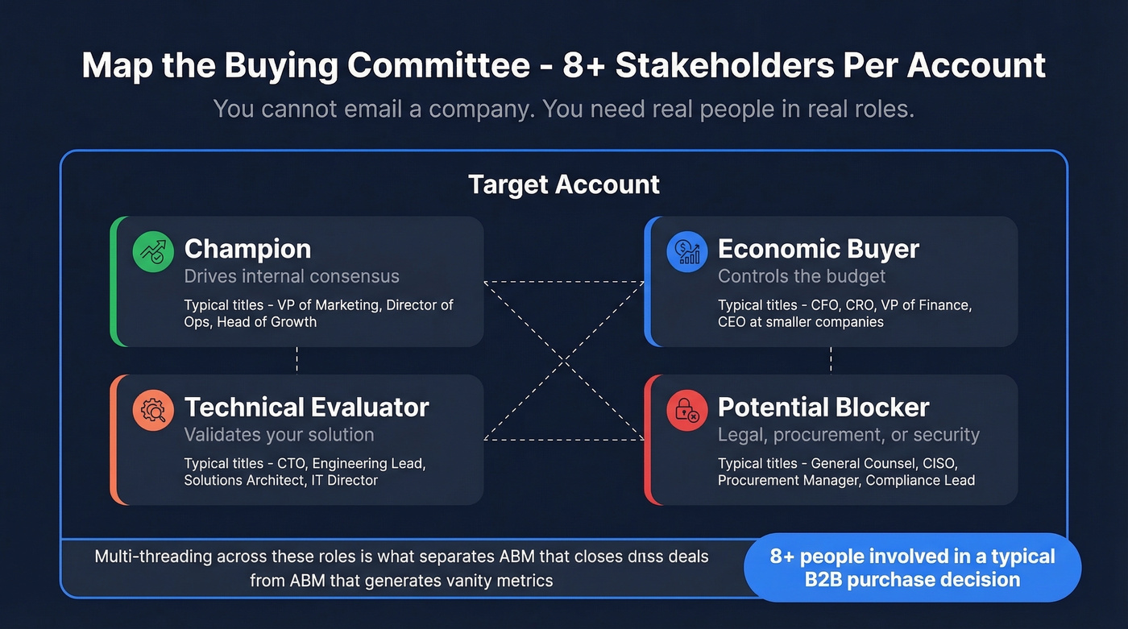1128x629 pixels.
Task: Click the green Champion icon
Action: coord(153,253)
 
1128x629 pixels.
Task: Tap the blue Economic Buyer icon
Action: coord(686,253)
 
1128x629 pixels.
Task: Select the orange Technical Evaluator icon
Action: coord(153,411)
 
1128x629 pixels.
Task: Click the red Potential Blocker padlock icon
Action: coord(686,411)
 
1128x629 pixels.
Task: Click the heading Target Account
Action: coord(564,184)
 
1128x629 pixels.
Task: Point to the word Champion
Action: coord(247,249)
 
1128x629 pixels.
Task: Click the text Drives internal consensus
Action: coord(292,276)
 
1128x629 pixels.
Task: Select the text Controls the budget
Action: coord(802,276)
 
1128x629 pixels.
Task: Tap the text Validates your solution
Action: coord(279,435)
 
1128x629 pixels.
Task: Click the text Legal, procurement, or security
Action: coord(848,435)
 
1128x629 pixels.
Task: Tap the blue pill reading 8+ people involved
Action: coord(912,568)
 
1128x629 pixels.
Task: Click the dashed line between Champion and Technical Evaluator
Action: coord(297,360)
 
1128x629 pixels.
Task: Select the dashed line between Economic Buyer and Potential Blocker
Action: coord(831,360)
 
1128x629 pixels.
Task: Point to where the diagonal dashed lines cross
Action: coord(564,361)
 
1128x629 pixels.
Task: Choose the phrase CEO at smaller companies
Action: coord(801,322)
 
